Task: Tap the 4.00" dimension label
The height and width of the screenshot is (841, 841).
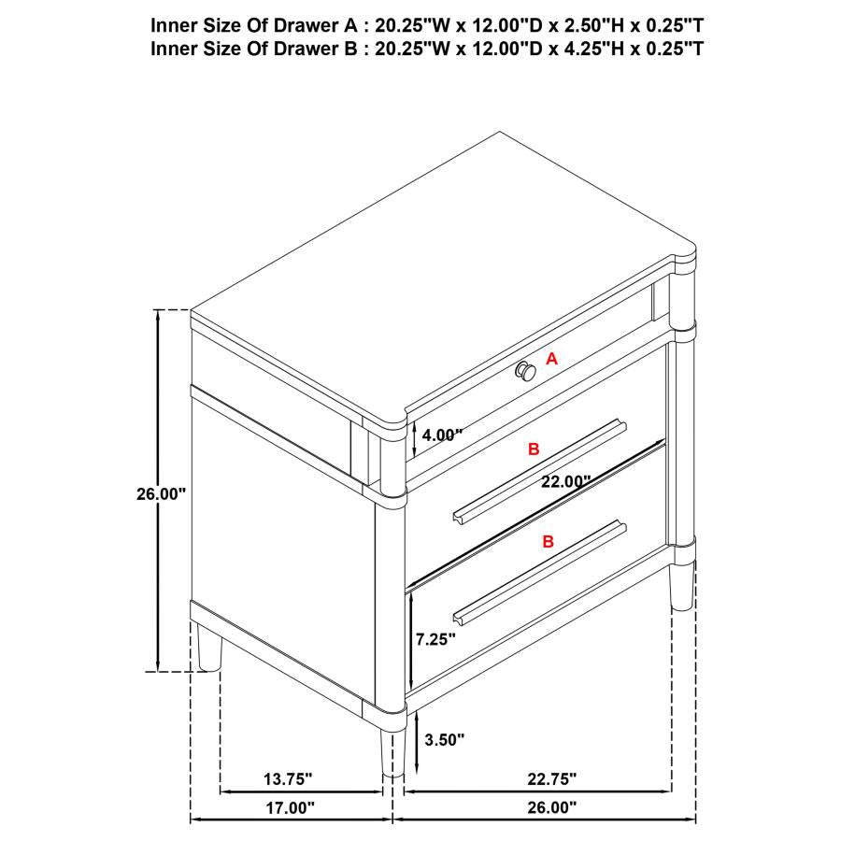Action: (442, 435)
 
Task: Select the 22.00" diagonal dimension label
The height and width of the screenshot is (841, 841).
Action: (565, 482)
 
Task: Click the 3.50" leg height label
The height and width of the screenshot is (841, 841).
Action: (444, 740)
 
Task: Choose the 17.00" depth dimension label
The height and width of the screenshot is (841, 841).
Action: (288, 806)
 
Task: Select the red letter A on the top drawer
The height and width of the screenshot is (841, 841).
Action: (551, 358)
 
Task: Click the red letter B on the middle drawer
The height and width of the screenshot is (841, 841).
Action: (534, 449)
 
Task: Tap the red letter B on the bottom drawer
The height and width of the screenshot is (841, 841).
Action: (548, 541)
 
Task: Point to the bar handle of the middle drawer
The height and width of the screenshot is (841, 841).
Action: (540, 470)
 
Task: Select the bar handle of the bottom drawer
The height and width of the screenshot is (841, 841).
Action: (539, 572)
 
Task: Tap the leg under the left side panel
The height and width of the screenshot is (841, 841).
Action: (211, 649)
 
